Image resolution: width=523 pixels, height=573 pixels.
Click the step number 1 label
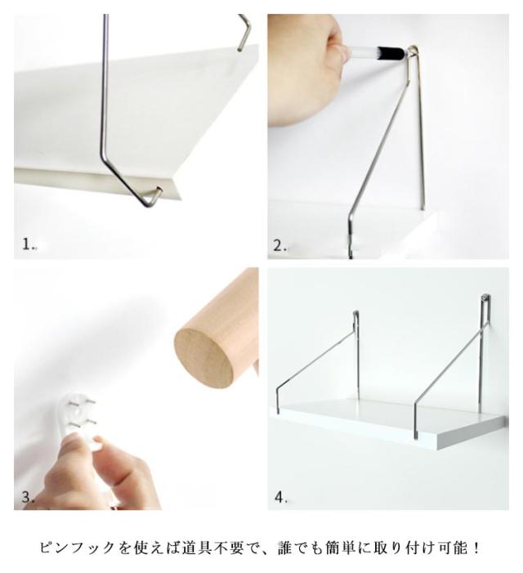(x=28, y=244)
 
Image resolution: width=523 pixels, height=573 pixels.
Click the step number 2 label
(x=280, y=245)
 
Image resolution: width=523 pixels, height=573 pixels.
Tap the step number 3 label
(x=28, y=497)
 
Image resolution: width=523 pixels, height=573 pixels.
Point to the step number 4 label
(x=280, y=497)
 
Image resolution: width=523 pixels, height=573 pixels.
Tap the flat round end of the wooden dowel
(x=203, y=355)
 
